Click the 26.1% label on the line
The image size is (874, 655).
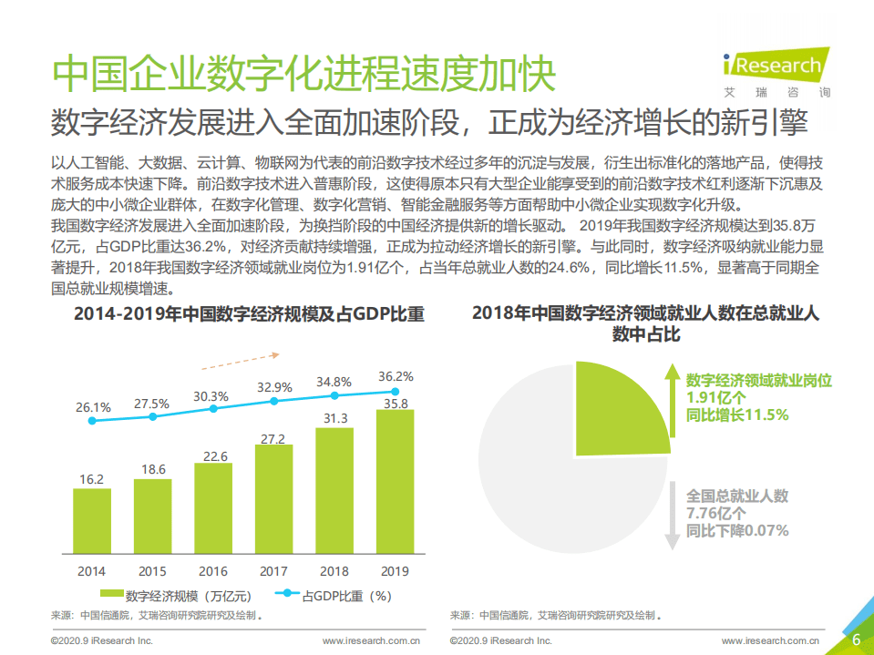click(92, 406)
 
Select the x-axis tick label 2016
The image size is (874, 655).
click(213, 571)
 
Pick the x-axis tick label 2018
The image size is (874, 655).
click(334, 571)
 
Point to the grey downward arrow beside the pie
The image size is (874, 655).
click(672, 515)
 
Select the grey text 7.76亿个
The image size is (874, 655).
click(715, 514)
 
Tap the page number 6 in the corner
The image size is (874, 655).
click(856, 640)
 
